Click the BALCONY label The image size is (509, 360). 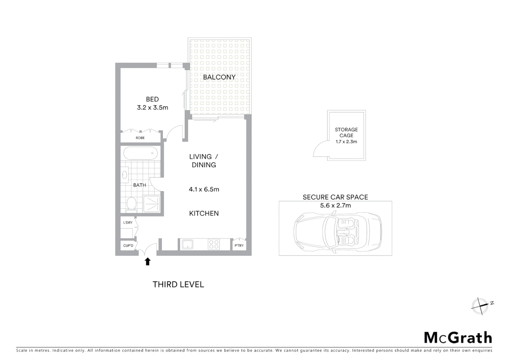(219, 77)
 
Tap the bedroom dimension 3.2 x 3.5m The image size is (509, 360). (153, 108)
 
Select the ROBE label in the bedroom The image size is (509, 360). (140, 138)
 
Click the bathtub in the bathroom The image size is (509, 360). (140, 154)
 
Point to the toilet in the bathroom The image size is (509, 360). (131, 204)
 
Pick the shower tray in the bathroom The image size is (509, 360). (152, 204)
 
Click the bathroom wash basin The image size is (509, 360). (125, 175)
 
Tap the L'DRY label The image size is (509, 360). (128, 222)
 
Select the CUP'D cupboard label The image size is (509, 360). (128, 246)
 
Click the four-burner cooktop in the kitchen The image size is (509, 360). (214, 245)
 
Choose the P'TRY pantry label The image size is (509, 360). (239, 246)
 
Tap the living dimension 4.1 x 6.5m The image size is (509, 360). (204, 189)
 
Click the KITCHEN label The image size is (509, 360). (204, 213)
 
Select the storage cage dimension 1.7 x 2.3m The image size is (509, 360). (346, 142)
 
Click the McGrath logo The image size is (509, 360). (458, 338)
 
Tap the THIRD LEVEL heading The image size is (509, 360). (178, 284)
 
